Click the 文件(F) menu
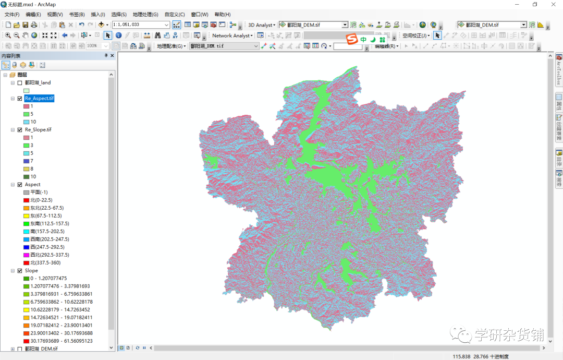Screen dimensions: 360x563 (12, 14)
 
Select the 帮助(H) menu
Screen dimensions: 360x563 (223, 14)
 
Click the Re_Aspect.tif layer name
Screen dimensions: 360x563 (39, 98)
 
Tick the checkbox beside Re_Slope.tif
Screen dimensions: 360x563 (20, 129)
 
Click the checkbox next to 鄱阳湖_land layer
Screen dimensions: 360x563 (20, 82)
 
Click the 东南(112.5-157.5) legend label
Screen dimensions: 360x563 (50, 223)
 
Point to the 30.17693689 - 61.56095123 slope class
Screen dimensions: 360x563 (61, 341)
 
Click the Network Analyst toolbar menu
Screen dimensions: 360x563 (231, 35)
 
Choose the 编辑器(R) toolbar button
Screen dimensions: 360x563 (386, 46)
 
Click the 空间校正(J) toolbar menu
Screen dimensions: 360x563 (415, 35)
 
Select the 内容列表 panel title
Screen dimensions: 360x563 (11, 55)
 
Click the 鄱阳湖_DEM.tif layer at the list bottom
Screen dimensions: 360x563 (41, 349)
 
